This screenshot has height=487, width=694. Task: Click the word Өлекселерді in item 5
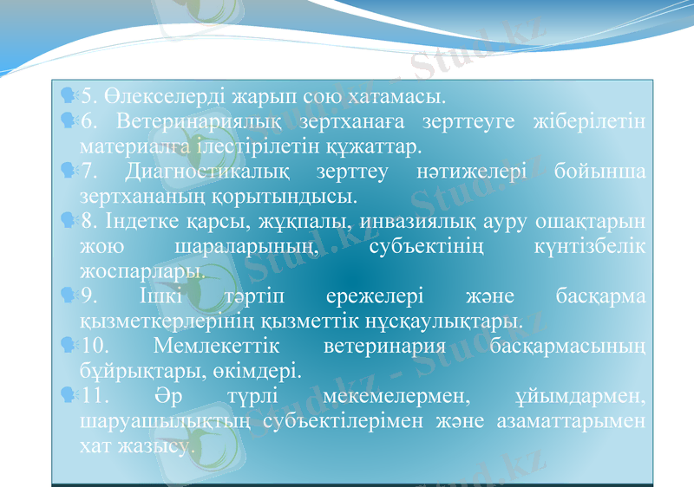[x=159, y=94]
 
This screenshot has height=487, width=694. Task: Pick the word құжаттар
[x=374, y=142]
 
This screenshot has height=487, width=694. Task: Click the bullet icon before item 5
[x=69, y=92]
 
